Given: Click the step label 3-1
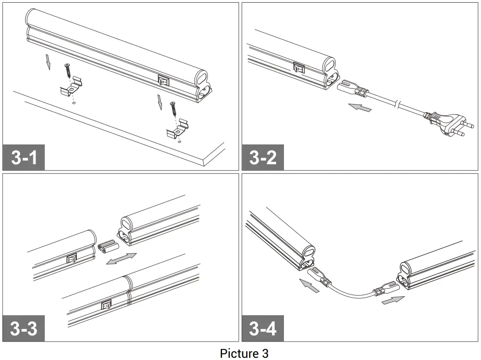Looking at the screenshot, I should pyautogui.click(x=24, y=157).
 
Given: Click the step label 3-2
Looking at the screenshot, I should pyautogui.click(x=262, y=157).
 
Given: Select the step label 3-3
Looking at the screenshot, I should pyautogui.click(x=24, y=328).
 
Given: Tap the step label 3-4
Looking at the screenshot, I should pyautogui.click(x=262, y=328).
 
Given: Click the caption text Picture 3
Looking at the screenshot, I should pyautogui.click(x=244, y=353).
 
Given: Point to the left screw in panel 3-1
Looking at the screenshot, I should pyautogui.click(x=68, y=71).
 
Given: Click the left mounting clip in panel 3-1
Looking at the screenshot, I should pyautogui.click(x=71, y=87).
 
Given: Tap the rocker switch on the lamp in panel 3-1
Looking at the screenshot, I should pyautogui.click(x=163, y=81).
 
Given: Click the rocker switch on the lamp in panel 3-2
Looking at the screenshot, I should pyautogui.click(x=299, y=68).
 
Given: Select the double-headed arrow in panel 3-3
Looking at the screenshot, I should pyautogui.click(x=122, y=259).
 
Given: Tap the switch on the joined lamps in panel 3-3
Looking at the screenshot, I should pyautogui.click(x=106, y=304).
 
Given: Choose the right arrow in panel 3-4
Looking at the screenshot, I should pyautogui.click(x=393, y=301).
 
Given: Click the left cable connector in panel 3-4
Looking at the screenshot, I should pyautogui.click(x=319, y=277).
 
